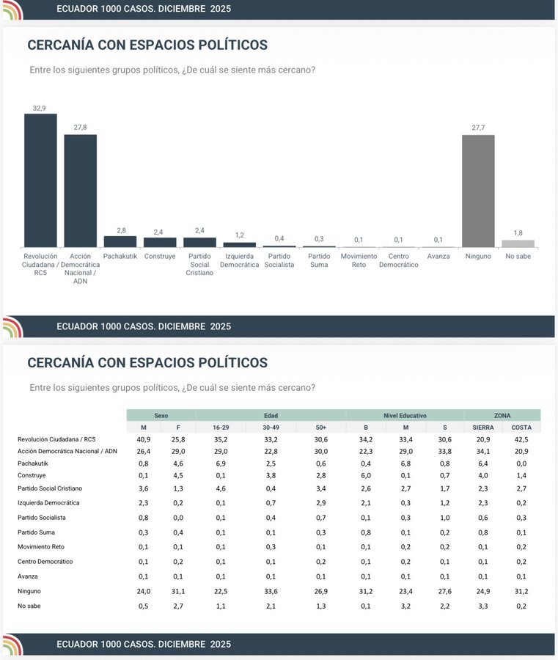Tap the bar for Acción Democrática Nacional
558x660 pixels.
[80, 191]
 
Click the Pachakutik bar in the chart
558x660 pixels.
[120, 241]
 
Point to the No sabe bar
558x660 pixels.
[518, 243]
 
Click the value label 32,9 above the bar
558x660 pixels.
[40, 108]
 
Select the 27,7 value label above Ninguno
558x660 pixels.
[478, 128]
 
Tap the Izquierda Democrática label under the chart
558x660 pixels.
[240, 260]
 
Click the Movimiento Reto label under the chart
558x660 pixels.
[359, 260]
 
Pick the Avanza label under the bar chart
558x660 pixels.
[438, 256]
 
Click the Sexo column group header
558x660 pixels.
[161, 415]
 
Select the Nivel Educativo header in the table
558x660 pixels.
[405, 415]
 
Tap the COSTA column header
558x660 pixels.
[521, 427]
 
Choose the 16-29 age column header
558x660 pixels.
[221, 427]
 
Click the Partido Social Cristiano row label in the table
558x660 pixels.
[50, 488]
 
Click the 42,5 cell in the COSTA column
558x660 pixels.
[521, 439]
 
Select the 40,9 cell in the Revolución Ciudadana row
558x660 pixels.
[144, 439]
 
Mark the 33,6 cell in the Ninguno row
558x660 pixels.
[271, 590]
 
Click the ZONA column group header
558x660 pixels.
[502, 415]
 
